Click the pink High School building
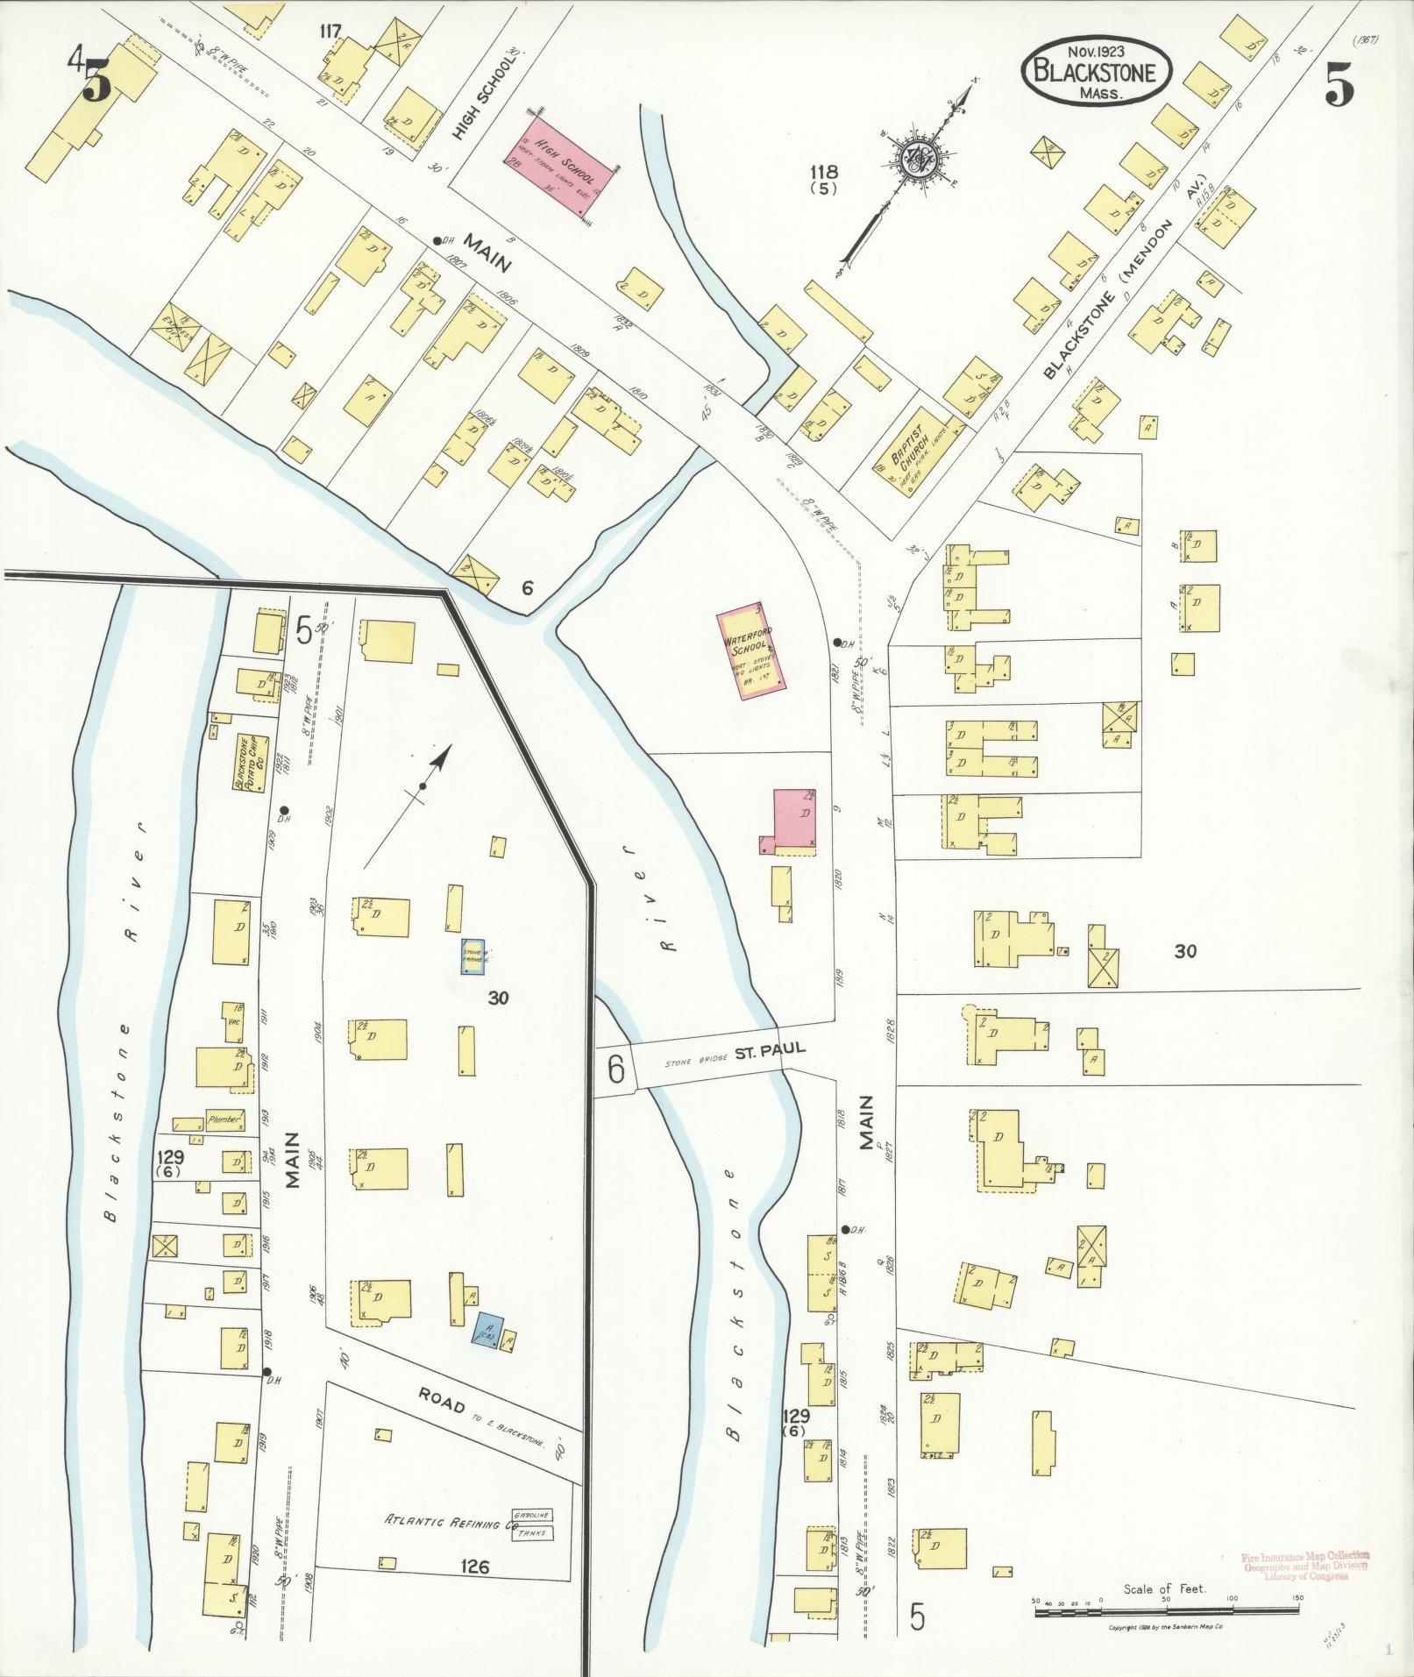561,163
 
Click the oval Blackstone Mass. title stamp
1096,72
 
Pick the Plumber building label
224,1119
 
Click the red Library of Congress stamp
1305,1567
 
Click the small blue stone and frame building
474,956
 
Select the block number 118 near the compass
825,173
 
